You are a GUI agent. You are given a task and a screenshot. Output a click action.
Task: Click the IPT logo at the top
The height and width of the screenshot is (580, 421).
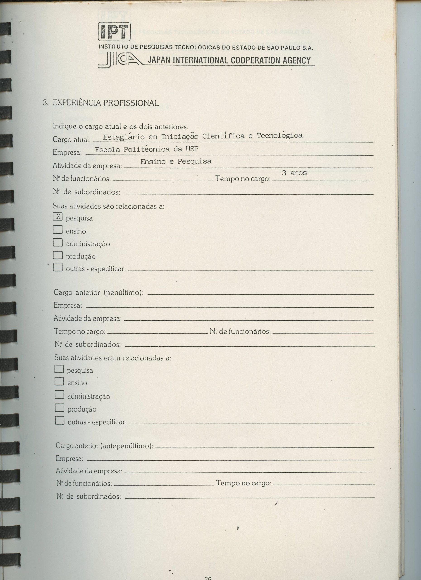114,31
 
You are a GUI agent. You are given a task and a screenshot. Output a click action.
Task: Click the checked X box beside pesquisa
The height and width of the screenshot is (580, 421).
58,217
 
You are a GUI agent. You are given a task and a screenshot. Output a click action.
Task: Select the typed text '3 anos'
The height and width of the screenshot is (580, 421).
294,173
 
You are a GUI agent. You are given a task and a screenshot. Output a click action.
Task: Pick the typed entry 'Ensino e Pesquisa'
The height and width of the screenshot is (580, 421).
176,161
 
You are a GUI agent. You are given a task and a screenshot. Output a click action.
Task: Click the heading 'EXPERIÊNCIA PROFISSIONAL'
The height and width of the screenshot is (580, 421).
105,103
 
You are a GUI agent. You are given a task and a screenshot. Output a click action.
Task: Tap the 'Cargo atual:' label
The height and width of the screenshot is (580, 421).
72,140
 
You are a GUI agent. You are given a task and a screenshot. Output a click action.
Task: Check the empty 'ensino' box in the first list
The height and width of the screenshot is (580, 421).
58,230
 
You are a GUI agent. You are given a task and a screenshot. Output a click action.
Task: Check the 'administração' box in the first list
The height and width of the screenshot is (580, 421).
58,242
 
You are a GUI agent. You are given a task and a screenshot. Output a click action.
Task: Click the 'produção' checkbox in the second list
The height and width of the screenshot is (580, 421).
59,408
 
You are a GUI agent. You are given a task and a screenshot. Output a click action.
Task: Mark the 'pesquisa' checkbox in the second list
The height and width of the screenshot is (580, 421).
59,369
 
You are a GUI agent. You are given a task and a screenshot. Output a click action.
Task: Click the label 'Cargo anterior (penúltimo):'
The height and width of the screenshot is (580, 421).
98,292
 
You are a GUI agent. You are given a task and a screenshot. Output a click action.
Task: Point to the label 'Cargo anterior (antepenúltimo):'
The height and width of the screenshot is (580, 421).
104,446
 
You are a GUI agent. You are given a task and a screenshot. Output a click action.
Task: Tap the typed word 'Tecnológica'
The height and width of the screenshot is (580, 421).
280,135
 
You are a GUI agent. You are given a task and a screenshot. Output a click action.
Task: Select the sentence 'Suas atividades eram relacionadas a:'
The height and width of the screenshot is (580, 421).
113,358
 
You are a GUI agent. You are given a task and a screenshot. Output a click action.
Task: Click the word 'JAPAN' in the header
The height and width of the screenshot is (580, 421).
159,61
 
